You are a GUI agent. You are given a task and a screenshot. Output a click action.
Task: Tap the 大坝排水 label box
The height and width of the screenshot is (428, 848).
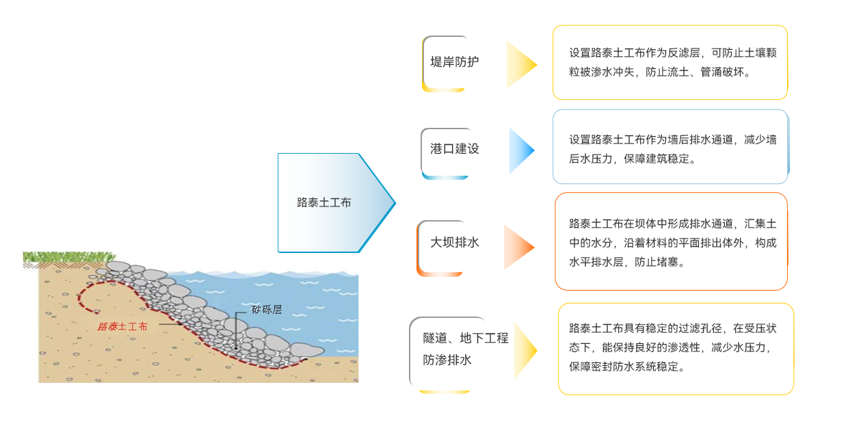click(x=445, y=243)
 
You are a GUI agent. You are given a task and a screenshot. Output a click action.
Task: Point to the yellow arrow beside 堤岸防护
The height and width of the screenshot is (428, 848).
click(x=520, y=64)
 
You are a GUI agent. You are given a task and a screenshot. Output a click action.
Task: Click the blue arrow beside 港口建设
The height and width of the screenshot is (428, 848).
click(x=520, y=150)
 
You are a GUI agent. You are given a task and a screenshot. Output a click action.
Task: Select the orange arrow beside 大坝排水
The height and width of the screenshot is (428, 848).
click(x=518, y=247)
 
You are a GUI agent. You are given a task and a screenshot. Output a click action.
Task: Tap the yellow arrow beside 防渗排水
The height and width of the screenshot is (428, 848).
click(x=525, y=351)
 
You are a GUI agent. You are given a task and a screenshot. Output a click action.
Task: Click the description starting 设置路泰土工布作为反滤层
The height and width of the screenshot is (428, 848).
click(x=670, y=62)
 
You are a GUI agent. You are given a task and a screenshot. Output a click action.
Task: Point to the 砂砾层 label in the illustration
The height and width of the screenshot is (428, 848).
click(x=267, y=310)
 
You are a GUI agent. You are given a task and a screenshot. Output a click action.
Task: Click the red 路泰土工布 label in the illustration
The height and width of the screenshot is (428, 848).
click(x=122, y=327)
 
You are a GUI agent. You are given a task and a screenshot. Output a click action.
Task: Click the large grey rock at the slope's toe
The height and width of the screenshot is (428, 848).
click(x=307, y=350)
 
